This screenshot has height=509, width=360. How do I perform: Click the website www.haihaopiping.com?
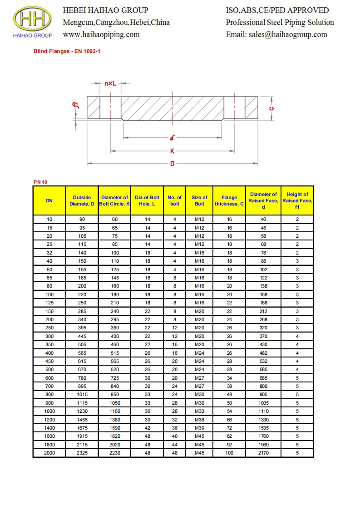tap(101, 34)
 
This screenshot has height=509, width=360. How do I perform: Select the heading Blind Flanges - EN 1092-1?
tap(67, 52)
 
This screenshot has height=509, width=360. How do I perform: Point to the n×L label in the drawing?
tap(110, 84)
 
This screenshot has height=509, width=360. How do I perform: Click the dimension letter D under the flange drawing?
tap(173, 163)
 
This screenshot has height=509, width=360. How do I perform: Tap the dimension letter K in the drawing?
tap(173, 152)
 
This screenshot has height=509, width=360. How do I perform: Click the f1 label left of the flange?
tap(76, 105)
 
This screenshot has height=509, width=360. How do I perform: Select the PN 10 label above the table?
tap(40, 182)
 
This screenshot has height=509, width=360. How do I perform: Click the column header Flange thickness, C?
tap(229, 201)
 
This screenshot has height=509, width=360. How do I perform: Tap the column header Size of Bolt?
tap(199, 201)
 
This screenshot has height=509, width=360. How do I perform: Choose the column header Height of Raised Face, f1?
tap(297, 201)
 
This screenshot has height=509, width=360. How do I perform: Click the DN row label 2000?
tap(49, 453)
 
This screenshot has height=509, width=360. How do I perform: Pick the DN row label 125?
tap(49, 303)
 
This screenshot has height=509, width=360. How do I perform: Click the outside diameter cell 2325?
tap(82, 453)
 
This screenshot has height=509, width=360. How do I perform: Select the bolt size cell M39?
tap(199, 428)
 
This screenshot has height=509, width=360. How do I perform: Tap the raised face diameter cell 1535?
tap(263, 428)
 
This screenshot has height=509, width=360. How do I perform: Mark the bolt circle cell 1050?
tap(114, 403)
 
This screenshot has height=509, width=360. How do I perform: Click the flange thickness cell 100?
tap(229, 453)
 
